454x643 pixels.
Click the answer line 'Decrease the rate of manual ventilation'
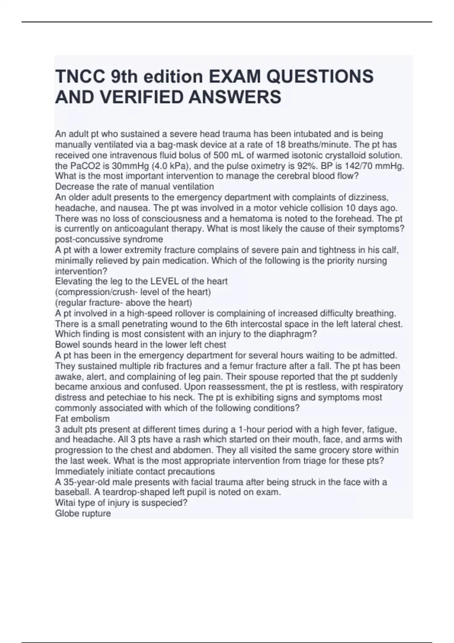(134, 186)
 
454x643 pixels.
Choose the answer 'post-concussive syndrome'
(109, 239)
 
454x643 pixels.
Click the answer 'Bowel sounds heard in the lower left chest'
(140, 345)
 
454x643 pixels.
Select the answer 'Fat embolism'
(82, 419)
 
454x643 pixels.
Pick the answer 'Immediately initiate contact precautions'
(135, 471)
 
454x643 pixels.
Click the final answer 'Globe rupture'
(83, 513)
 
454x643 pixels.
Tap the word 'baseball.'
(74, 492)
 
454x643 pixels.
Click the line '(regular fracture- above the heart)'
(123, 303)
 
